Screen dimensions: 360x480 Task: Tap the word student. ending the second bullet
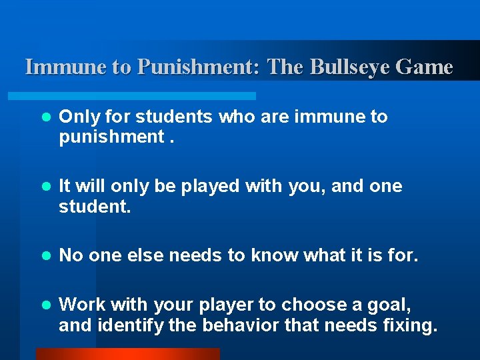[95, 207]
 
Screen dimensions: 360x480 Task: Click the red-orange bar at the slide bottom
[127, 354]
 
